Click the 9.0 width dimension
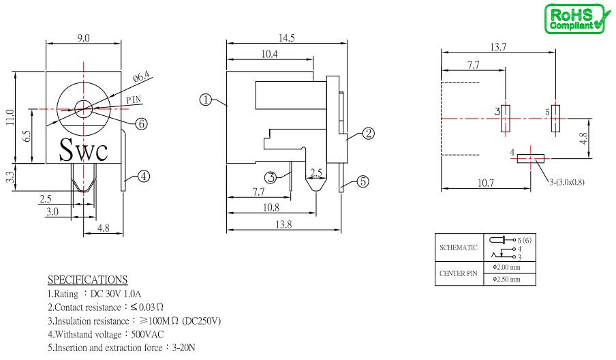(x=83, y=38)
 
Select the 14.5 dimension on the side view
(x=286, y=37)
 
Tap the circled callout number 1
(x=206, y=100)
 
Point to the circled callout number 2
(x=368, y=134)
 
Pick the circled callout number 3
(x=271, y=178)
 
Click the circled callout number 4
(x=144, y=177)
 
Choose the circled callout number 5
(x=363, y=181)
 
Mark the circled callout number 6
(x=142, y=124)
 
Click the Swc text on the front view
(x=83, y=150)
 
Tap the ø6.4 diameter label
(x=142, y=76)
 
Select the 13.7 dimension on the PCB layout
(x=497, y=47)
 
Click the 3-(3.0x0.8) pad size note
(x=566, y=182)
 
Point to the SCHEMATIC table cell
(x=459, y=247)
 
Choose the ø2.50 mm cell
(x=510, y=280)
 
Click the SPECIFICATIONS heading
(x=88, y=280)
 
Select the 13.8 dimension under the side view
(x=283, y=224)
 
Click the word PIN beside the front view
(x=134, y=100)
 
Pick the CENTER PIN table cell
(x=459, y=273)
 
